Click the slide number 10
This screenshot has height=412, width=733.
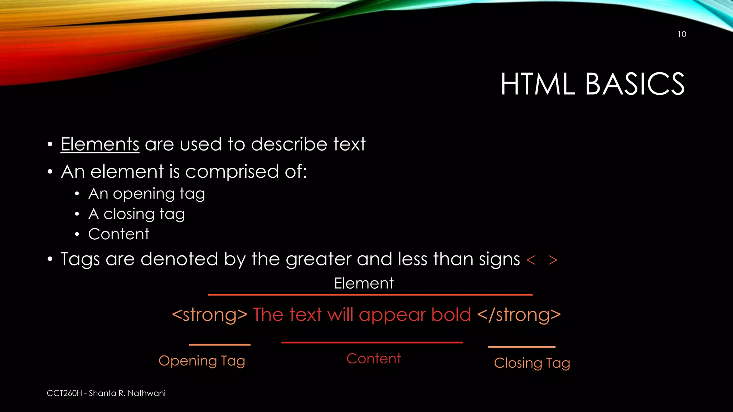point(682,34)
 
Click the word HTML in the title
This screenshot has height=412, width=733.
point(537,84)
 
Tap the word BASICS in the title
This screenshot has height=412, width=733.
point(635,84)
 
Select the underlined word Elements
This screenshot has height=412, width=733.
point(100,144)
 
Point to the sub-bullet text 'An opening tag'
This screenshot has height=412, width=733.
point(146,194)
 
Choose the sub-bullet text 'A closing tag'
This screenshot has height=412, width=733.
point(136,214)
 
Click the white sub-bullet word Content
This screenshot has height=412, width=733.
point(118,234)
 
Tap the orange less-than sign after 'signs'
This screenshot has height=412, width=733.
point(531,260)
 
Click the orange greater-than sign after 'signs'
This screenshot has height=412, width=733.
point(553,260)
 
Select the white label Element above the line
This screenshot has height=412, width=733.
point(364,283)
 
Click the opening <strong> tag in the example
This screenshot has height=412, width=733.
point(209,315)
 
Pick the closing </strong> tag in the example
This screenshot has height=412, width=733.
point(519,315)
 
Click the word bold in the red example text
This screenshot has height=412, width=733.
point(451,315)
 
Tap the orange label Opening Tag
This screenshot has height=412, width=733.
point(202,361)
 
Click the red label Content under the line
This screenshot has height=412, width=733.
point(373,358)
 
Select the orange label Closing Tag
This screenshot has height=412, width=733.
point(532,363)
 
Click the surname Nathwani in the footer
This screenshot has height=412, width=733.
point(146,393)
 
